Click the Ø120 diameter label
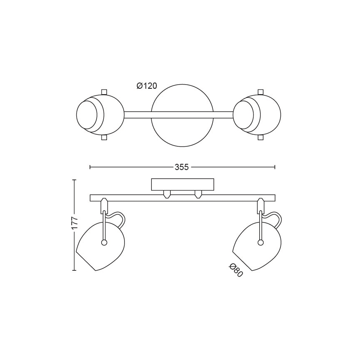pos(147,86)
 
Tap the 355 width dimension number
pos(182,167)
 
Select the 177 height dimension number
pos(75,223)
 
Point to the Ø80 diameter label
pos(236,270)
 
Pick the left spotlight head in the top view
pos(100,115)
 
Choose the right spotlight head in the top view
pos(257,115)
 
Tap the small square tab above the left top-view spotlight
pos(104,92)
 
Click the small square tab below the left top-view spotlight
pos(104,138)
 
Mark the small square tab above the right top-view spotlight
pos(261,92)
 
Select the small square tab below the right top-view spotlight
pos(261,138)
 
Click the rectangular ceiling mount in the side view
pos(182,185)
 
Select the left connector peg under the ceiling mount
pos(167,194)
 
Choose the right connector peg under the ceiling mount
pos(198,194)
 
